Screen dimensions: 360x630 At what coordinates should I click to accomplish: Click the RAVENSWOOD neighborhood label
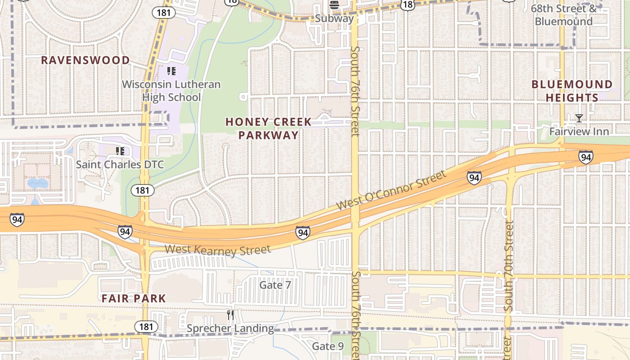tap(85, 60)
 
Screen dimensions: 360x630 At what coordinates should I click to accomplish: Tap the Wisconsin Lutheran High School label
tap(171, 90)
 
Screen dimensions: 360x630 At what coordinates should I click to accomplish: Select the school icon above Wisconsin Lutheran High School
tap(171, 71)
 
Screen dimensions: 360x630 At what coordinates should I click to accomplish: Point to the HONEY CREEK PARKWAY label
tap(268, 128)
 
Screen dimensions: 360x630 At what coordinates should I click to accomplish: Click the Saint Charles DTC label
tap(120, 164)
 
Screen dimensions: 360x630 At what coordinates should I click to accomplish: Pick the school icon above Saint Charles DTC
tap(120, 151)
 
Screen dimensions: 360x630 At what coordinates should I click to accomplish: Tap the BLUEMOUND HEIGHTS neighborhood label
tap(572, 91)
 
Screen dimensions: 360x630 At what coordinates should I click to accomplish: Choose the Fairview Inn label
tap(579, 131)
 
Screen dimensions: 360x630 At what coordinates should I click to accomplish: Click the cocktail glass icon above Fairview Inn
tap(579, 118)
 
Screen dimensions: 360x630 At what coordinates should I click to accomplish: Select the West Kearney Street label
tap(218, 250)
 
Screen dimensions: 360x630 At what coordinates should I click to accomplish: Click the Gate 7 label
tap(275, 285)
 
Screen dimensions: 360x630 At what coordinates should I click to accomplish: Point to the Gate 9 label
tap(328, 346)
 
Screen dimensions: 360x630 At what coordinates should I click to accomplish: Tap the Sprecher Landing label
tap(230, 328)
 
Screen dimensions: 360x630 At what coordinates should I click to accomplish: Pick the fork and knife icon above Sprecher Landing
tap(230, 315)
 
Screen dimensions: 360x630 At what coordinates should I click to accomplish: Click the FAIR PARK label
tap(134, 298)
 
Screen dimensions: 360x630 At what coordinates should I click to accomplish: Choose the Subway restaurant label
tap(334, 18)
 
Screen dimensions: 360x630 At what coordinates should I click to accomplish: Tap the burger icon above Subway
tap(334, 5)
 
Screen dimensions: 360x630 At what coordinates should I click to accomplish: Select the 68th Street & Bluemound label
tap(563, 15)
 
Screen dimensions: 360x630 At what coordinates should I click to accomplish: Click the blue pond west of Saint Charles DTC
tap(37, 183)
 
